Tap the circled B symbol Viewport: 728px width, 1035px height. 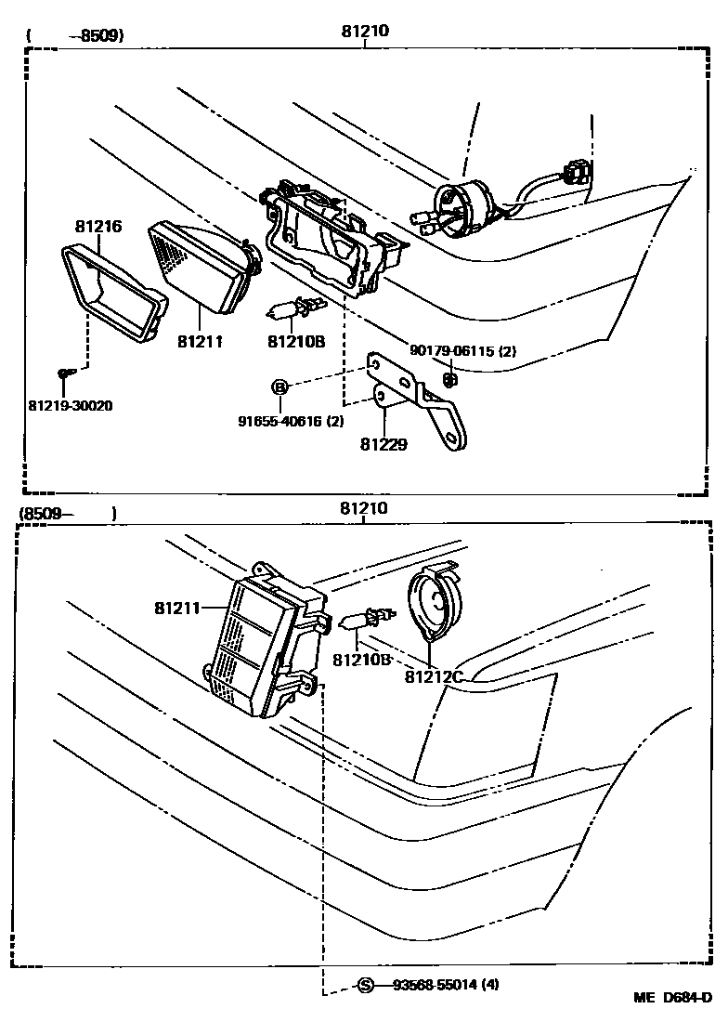click(x=280, y=386)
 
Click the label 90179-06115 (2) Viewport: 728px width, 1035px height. click(x=461, y=350)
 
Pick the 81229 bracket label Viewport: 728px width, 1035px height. click(x=383, y=444)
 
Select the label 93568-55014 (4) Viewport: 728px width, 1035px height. click(x=445, y=985)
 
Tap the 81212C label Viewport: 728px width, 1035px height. click(x=433, y=676)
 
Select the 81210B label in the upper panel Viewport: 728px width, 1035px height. click(x=295, y=341)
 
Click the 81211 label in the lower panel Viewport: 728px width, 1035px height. click(x=177, y=609)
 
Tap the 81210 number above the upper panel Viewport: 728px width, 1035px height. click(x=364, y=31)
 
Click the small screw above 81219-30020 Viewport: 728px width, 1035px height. click(x=62, y=373)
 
